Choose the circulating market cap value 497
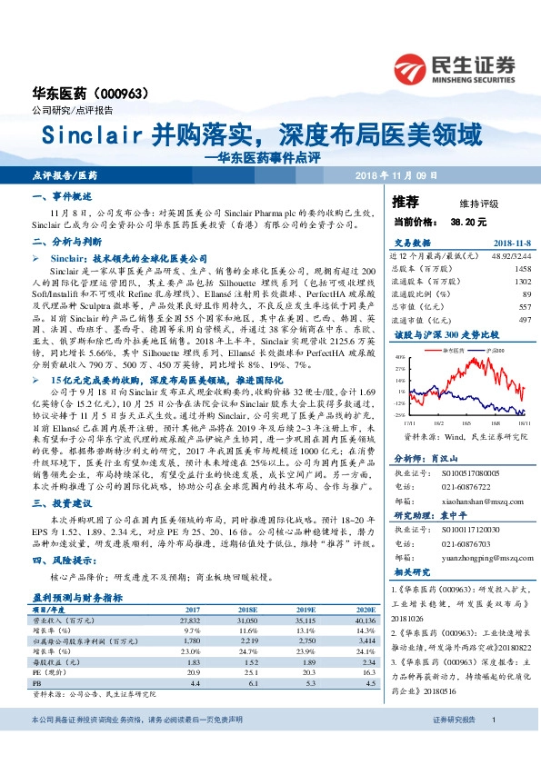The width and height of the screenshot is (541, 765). [525, 321]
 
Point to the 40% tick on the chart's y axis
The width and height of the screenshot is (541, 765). [403, 357]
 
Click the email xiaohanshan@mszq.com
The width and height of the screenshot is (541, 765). [480, 499]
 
